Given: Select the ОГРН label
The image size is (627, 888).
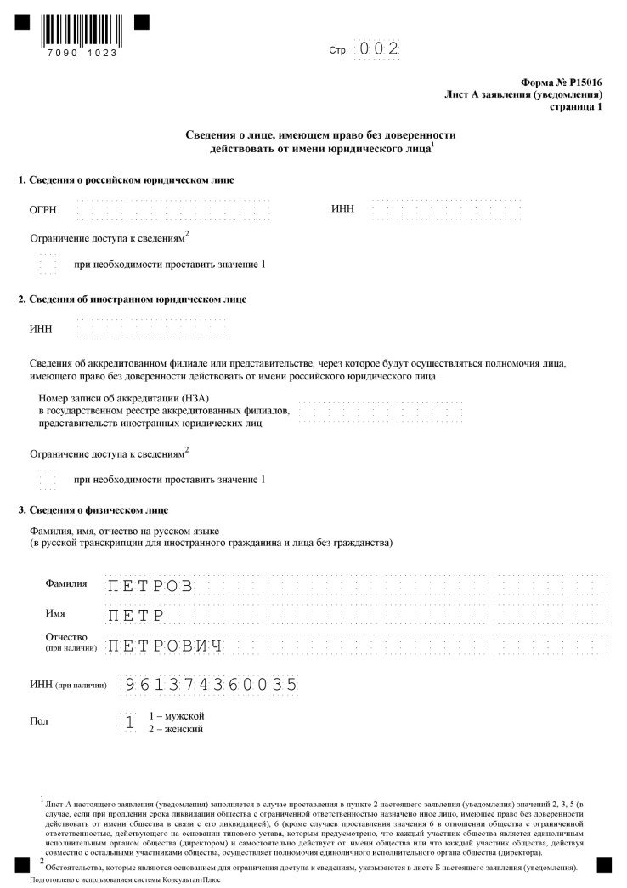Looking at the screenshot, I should coord(42,210).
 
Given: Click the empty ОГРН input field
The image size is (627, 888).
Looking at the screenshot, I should coord(173,209).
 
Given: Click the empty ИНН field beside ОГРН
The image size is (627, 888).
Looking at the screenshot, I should coord(447,209).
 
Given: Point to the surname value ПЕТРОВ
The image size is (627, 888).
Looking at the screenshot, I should coord(152,585).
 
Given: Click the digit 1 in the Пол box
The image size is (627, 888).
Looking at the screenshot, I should coord(130,722).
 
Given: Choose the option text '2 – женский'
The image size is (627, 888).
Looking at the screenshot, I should coord(176,729).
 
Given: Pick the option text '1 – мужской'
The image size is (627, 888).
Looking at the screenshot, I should coord(177,716).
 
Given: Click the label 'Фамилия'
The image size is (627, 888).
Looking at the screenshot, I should coord(65,584).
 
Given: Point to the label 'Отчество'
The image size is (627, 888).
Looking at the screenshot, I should coord(65,637).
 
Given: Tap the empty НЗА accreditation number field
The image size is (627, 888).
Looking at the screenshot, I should coord(381,412).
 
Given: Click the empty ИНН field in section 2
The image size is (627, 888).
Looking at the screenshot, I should coord(151,329).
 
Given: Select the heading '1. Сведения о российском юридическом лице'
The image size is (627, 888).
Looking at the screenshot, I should coord(126,179).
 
